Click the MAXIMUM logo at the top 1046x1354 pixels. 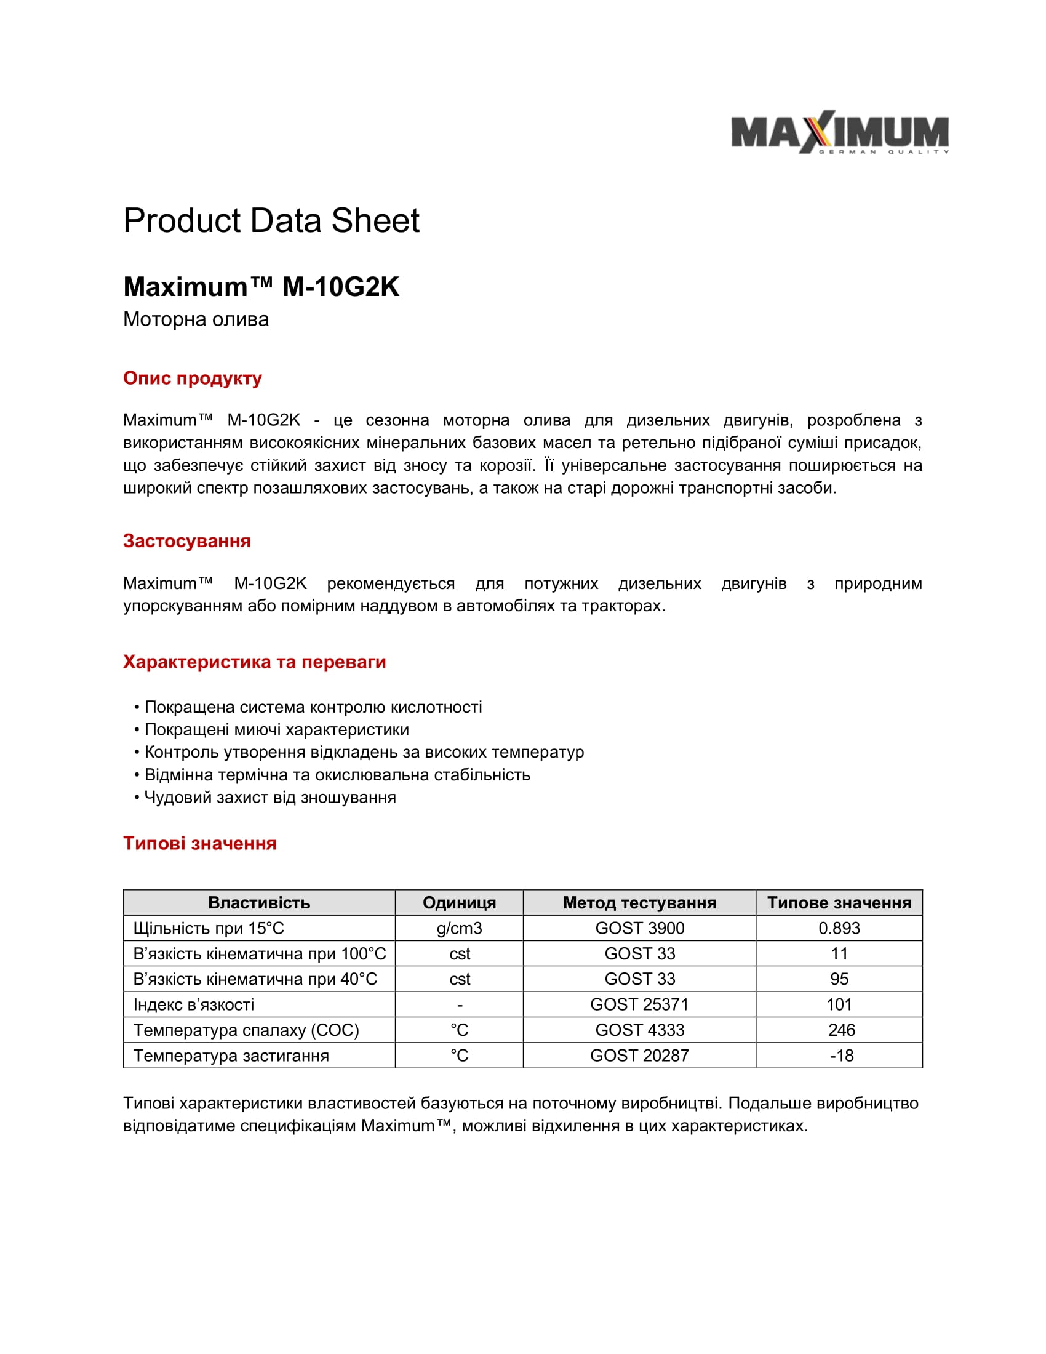[840, 132]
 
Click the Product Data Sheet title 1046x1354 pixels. [271, 221]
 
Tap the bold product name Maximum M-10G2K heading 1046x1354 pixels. [261, 287]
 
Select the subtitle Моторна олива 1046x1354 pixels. [196, 319]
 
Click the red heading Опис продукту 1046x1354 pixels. [192, 378]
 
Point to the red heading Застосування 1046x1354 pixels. [186, 541]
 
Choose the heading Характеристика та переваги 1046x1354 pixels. [254, 662]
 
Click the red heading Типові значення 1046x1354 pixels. [199, 844]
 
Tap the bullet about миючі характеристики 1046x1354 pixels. [276, 730]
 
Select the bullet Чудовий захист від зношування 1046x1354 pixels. [270, 797]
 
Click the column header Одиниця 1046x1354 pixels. [459, 903]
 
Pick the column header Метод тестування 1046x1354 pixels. [639, 903]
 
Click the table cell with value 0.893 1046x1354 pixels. [839, 928]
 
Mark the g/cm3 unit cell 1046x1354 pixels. [459, 928]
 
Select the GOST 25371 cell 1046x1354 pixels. [639, 1004]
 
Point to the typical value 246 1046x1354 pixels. [842, 1030]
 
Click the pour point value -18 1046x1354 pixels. [842, 1055]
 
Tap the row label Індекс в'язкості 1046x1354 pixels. [194, 1004]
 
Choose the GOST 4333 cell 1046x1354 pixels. [639, 1030]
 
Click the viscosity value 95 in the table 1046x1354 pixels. [839, 979]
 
